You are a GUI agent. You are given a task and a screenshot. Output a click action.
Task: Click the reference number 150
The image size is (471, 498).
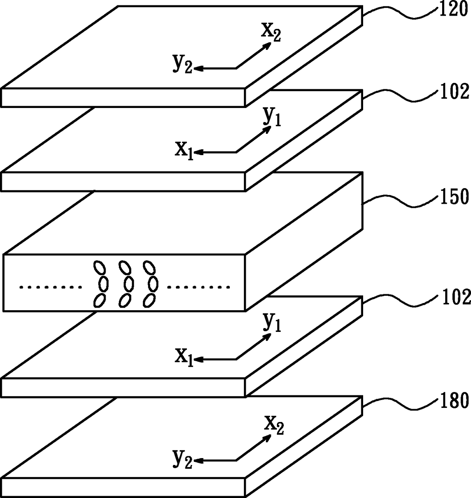pyautogui.click(x=454, y=197)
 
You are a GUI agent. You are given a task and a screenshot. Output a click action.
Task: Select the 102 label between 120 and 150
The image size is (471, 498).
pyautogui.click(x=455, y=92)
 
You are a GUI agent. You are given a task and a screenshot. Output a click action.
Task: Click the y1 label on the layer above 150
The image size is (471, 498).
pyautogui.click(x=272, y=117)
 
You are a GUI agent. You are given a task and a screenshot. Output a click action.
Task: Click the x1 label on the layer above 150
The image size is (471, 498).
pyautogui.click(x=184, y=150)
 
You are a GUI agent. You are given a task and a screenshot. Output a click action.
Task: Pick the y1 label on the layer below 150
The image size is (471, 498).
pyautogui.click(x=272, y=324)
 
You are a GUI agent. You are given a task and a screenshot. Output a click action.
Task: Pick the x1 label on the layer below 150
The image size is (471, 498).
pyautogui.click(x=184, y=357)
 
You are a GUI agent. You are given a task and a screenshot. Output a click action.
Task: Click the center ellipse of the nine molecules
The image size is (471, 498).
pyautogui.click(x=128, y=284)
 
